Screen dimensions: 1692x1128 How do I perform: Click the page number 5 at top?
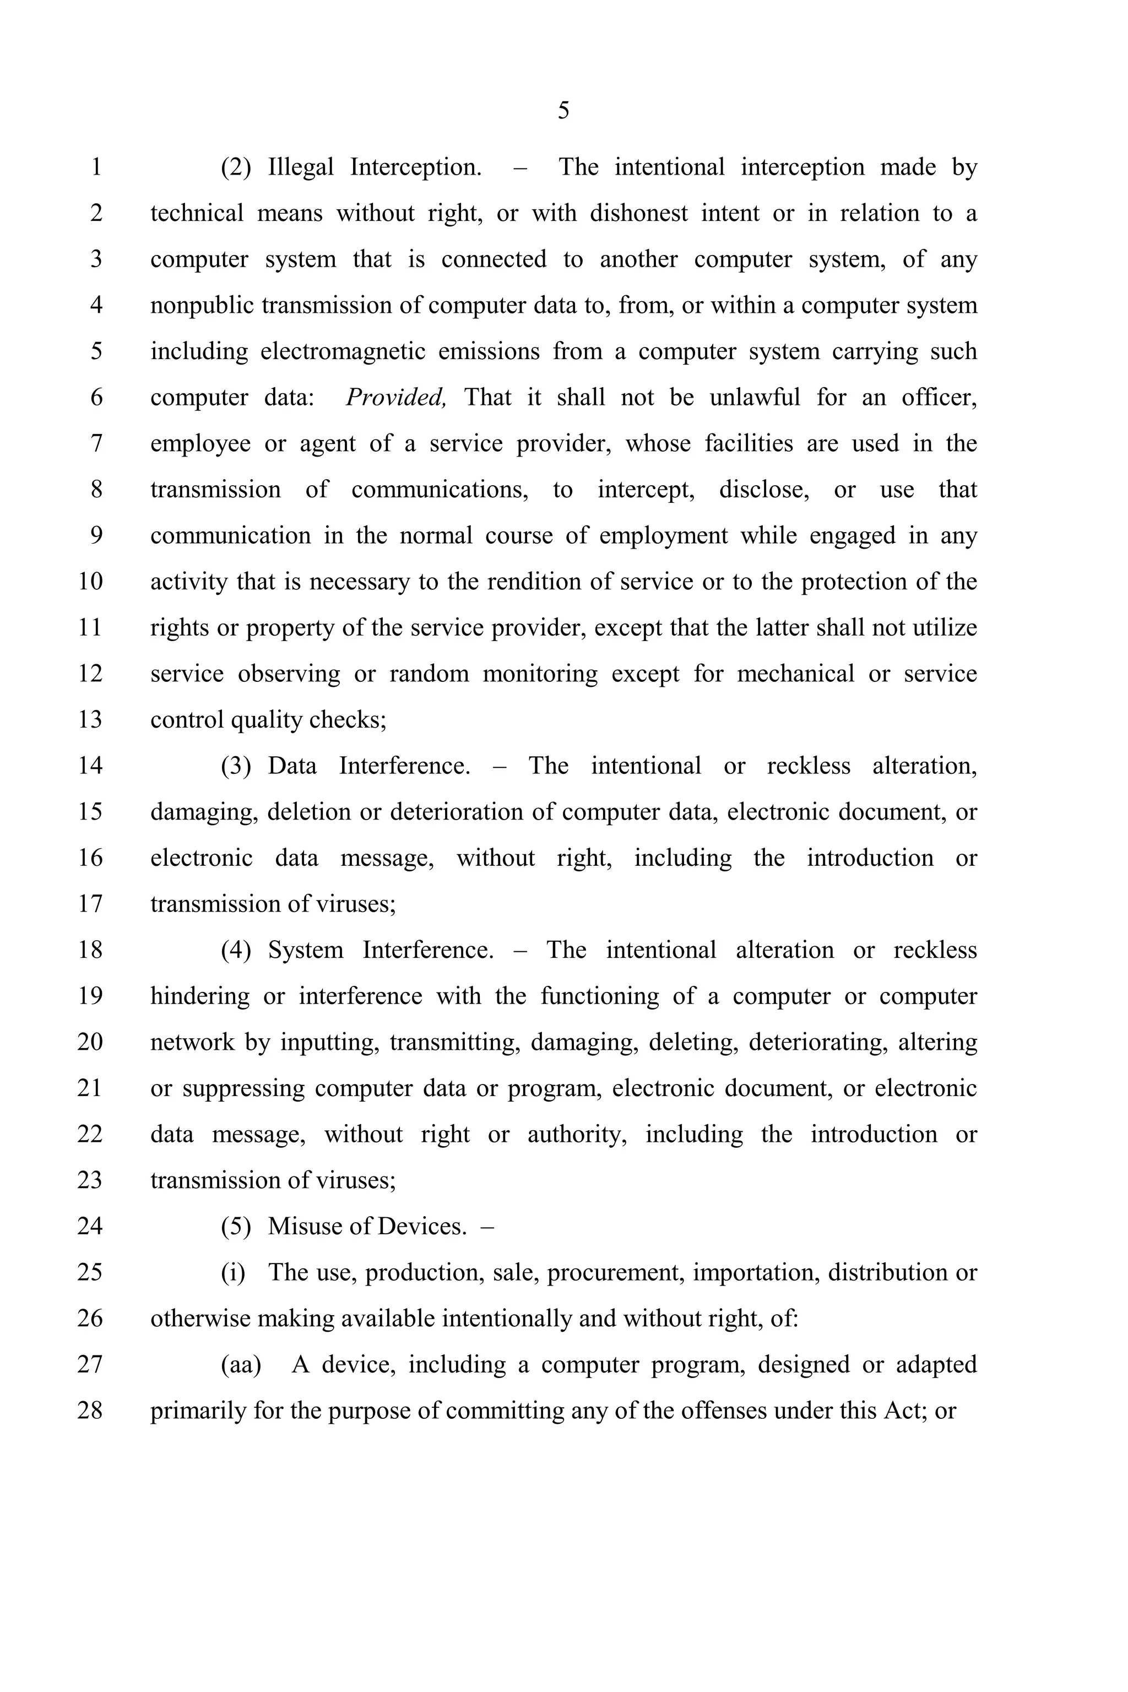563,111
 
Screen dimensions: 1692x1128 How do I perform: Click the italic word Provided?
395,397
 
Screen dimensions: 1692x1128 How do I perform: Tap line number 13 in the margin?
90,719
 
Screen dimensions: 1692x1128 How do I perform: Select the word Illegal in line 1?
301,167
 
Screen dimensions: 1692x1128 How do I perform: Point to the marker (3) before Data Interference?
236,766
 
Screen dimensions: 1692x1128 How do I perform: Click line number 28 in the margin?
90,1410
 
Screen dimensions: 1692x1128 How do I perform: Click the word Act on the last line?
902,1410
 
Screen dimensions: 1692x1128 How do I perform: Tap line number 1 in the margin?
96,167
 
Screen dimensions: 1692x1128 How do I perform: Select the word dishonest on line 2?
638,213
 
